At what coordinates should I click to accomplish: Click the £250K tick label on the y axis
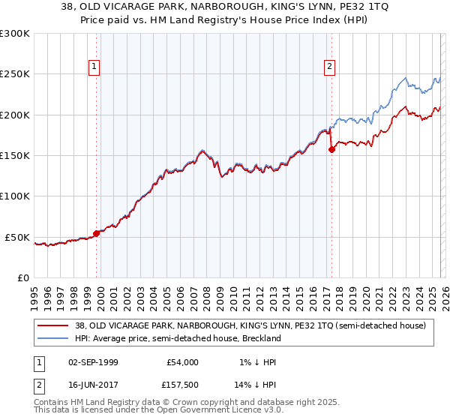(x=15, y=74)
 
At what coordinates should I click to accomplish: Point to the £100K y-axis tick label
(x=15, y=196)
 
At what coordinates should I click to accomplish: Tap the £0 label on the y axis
(x=23, y=277)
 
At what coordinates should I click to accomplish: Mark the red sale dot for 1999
(x=97, y=233)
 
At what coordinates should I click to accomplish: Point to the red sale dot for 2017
(x=331, y=149)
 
